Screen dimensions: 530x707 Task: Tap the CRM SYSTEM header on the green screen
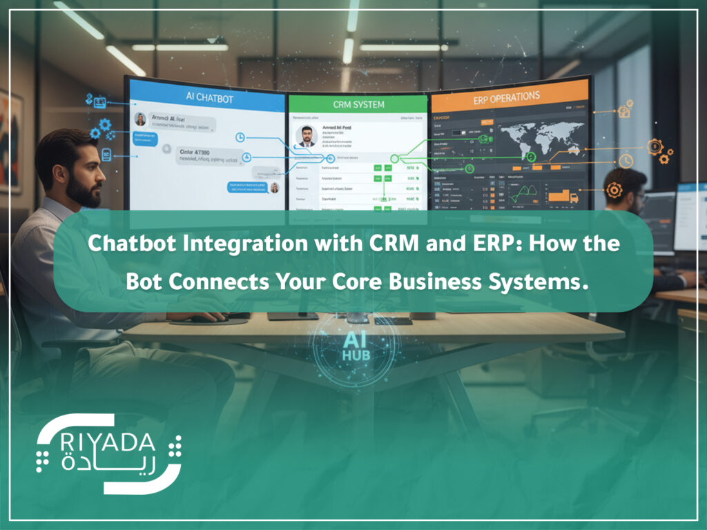(x=358, y=104)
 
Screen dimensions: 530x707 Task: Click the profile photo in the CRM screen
(x=306, y=135)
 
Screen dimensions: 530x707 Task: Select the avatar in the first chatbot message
(x=140, y=119)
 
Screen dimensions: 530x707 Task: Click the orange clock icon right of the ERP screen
(x=626, y=161)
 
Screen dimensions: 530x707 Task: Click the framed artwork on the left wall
(x=10, y=141)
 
